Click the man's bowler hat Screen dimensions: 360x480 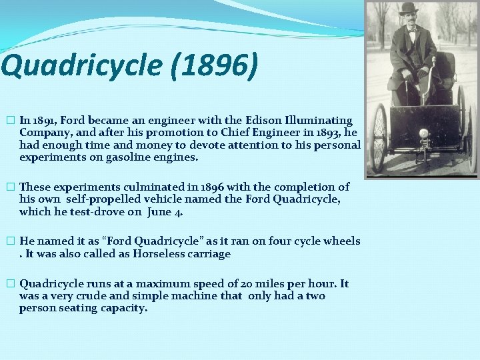pyautogui.click(x=407, y=9)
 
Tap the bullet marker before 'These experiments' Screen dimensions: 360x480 pyautogui.click(x=9, y=187)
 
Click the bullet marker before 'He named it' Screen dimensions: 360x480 pyautogui.click(x=9, y=241)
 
